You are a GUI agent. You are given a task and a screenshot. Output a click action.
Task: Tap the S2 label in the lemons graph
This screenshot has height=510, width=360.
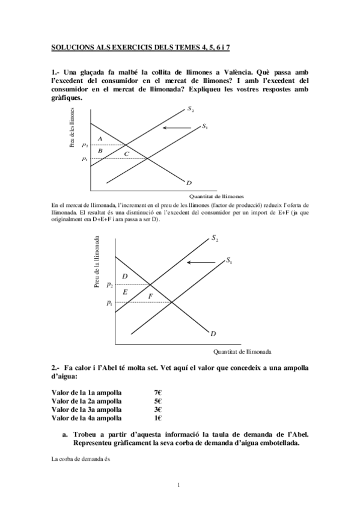(190, 109)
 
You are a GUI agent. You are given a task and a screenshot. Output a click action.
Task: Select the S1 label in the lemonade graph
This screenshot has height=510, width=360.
(229, 260)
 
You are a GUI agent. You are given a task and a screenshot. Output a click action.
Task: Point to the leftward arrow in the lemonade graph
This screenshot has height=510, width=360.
(204, 262)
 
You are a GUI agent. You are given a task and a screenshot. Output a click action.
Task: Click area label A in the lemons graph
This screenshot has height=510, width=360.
(100, 139)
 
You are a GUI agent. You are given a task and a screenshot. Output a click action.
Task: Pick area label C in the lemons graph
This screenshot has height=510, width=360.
(126, 154)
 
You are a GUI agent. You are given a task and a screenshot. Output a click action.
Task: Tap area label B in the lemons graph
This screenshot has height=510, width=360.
(100, 150)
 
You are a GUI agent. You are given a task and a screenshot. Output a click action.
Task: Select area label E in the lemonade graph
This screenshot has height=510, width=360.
(124, 292)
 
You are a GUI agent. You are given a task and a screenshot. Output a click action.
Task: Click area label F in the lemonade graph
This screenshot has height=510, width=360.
(150, 295)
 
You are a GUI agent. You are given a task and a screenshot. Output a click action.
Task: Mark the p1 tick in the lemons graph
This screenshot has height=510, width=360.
(85, 159)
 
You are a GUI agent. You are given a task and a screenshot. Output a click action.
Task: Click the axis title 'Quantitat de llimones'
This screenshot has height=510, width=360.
(216, 196)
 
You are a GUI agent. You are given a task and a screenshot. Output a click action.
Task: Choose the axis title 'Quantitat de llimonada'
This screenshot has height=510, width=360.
(242, 352)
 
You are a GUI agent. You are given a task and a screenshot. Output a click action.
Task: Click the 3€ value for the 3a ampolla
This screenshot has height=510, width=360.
(157, 409)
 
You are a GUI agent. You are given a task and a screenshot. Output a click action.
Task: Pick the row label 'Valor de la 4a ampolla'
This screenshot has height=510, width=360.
(87, 417)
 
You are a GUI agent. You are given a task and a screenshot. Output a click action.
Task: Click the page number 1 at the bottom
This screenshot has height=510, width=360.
(180, 485)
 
